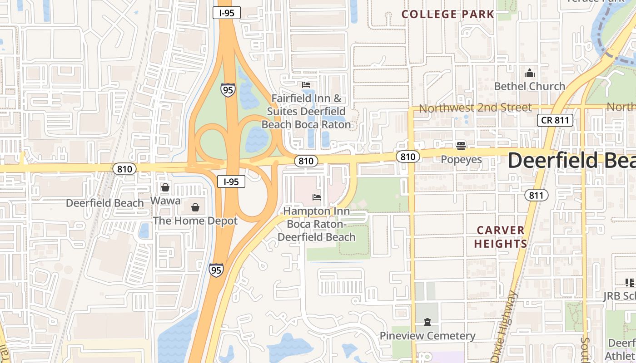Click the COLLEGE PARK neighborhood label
(x=447, y=14)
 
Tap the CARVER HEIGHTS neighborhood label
(x=500, y=237)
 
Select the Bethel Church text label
(x=529, y=86)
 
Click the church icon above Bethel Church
(x=529, y=74)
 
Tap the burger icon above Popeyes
(x=461, y=146)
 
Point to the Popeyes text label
(x=461, y=160)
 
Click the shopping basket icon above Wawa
(x=165, y=187)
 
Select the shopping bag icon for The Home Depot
(x=195, y=208)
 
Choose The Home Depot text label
(x=195, y=221)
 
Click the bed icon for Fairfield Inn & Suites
(x=306, y=85)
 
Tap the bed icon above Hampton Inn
(x=317, y=197)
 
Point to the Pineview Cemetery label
(x=427, y=336)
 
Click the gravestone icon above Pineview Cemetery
(x=427, y=323)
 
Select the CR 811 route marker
(x=555, y=120)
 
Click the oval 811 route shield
(x=536, y=196)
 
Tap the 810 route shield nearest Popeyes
(x=407, y=157)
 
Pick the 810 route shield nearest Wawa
(x=124, y=169)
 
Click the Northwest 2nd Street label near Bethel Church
(x=475, y=108)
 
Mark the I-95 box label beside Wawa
(x=231, y=182)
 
